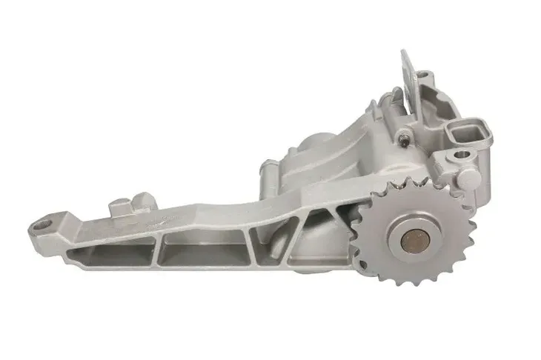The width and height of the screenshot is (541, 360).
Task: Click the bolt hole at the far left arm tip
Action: tap(43, 221)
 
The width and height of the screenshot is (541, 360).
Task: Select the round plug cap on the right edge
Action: tap(471, 176)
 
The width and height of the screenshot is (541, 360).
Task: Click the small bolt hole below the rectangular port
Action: tap(461, 155)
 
